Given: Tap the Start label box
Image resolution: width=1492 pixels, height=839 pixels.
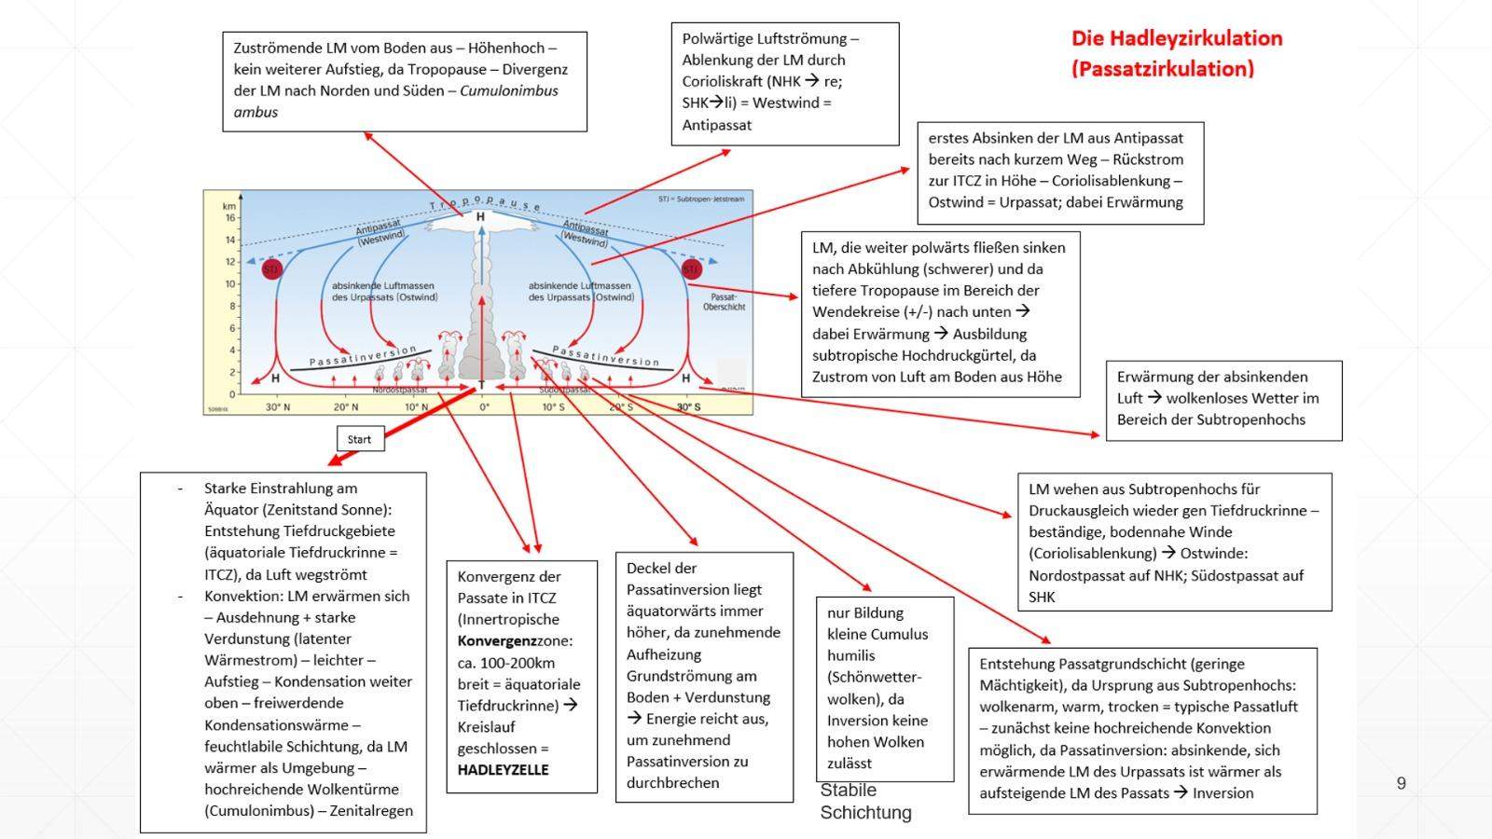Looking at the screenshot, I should click(x=359, y=439).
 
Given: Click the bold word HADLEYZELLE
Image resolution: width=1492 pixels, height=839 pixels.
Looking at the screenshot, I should click(x=503, y=770).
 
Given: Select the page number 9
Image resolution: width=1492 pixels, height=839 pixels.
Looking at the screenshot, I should click(x=1401, y=783).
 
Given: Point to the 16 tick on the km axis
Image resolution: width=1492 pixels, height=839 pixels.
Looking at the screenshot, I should click(x=229, y=217).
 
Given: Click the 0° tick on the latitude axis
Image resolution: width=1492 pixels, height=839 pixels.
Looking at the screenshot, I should click(x=484, y=407).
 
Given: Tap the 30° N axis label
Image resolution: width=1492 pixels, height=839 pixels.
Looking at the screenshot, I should click(x=277, y=407).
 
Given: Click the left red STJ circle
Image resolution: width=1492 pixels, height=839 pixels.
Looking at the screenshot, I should click(x=271, y=269).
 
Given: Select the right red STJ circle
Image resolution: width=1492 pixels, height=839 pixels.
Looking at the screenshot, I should click(x=691, y=269).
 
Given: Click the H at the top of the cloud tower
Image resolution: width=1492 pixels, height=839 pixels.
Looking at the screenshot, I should click(x=480, y=217).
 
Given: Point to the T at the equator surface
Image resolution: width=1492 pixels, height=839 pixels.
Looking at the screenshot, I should click(x=482, y=385).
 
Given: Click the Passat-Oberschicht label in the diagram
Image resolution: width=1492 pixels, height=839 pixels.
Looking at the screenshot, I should click(x=725, y=300).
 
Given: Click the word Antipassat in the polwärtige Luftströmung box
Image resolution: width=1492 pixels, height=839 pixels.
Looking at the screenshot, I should click(x=716, y=125).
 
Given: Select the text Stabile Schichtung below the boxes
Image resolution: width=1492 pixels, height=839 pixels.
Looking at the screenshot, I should click(x=865, y=801).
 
